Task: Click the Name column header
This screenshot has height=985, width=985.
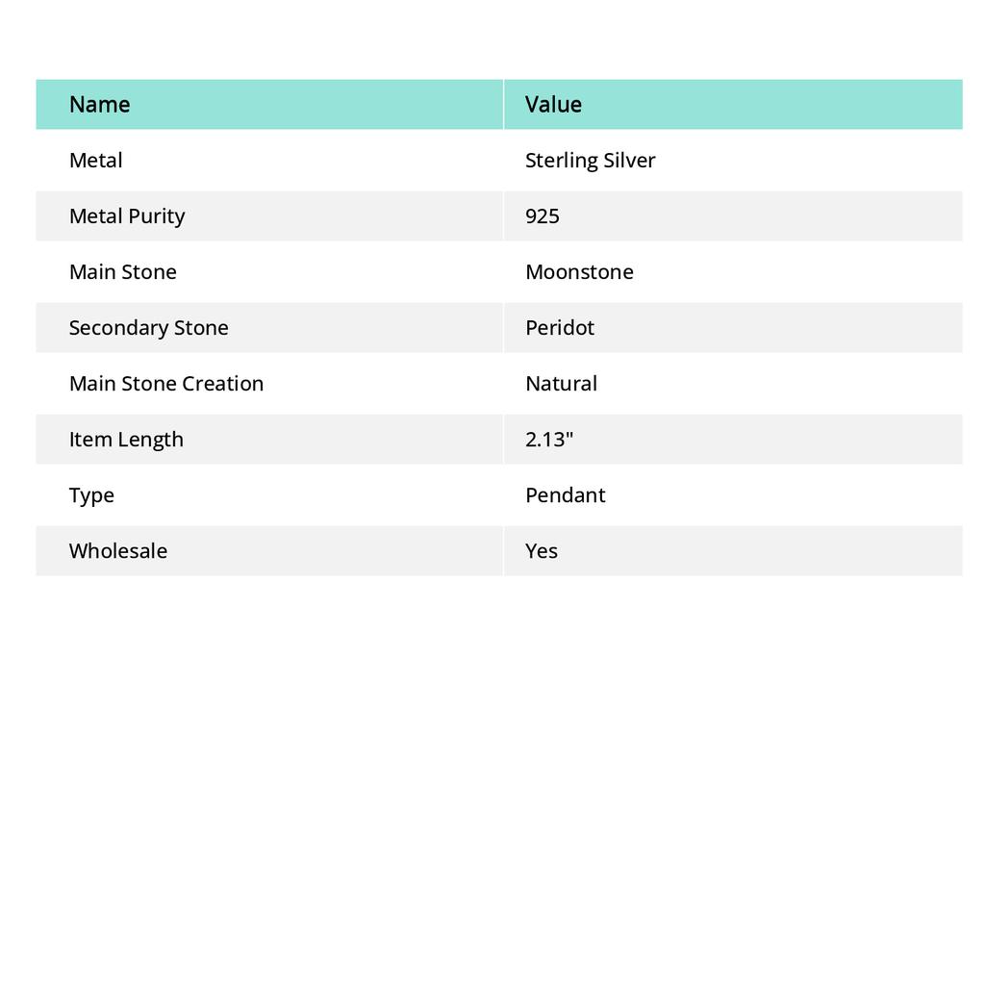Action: [x=99, y=105]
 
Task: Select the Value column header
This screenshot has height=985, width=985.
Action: [x=553, y=105]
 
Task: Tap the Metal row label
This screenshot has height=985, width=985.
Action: [x=95, y=161]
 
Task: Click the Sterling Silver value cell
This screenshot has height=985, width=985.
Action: [x=590, y=161]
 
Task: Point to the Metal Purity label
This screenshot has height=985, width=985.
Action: [x=126, y=216]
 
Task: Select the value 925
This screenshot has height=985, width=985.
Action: [x=543, y=216]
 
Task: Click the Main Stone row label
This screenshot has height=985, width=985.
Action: [x=122, y=272]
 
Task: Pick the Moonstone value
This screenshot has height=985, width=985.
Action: [x=579, y=272]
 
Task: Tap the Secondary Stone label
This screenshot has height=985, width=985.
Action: [x=148, y=328]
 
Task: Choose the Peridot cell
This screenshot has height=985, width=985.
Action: [x=560, y=328]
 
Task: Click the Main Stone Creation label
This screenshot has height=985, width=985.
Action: [x=165, y=384]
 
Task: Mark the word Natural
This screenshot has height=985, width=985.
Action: [x=561, y=384]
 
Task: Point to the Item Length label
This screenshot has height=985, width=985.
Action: [x=126, y=440]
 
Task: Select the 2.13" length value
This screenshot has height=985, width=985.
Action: [x=549, y=440]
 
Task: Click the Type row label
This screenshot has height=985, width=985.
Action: [x=91, y=495]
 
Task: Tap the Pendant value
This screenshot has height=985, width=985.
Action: [x=566, y=495]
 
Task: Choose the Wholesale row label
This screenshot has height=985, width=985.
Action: [x=117, y=551]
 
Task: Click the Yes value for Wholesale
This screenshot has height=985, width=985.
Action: [x=542, y=551]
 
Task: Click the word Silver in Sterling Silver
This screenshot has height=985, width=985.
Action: [x=629, y=161]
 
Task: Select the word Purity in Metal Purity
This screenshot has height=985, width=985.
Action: [x=156, y=216]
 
